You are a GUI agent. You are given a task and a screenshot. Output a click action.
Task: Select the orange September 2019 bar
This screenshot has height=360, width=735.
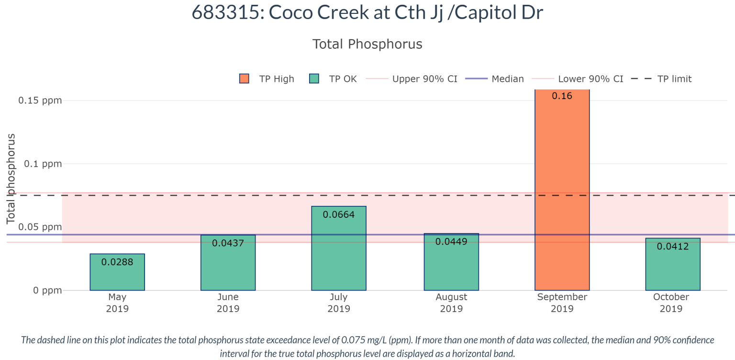pos(562,191)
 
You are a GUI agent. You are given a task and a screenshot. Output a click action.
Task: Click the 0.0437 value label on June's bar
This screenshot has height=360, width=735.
pos(228,243)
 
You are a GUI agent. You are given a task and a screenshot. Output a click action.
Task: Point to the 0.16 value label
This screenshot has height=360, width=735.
pos(562,96)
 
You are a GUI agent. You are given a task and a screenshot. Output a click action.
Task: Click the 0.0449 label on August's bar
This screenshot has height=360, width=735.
pos(451,242)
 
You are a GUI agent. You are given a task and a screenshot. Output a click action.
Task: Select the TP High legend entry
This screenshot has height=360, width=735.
pos(267,79)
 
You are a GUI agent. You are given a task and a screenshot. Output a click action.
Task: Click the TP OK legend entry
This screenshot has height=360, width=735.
pos(334,79)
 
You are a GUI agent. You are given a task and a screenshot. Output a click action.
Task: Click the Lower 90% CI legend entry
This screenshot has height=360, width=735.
pos(584,79)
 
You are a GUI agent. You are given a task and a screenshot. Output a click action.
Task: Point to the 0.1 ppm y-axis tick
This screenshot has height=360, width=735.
pos(44,164)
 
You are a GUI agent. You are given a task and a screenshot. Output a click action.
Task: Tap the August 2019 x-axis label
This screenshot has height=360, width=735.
pos(451,303)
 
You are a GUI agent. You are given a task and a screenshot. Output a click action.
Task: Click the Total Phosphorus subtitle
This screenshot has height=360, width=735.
pos(367,44)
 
